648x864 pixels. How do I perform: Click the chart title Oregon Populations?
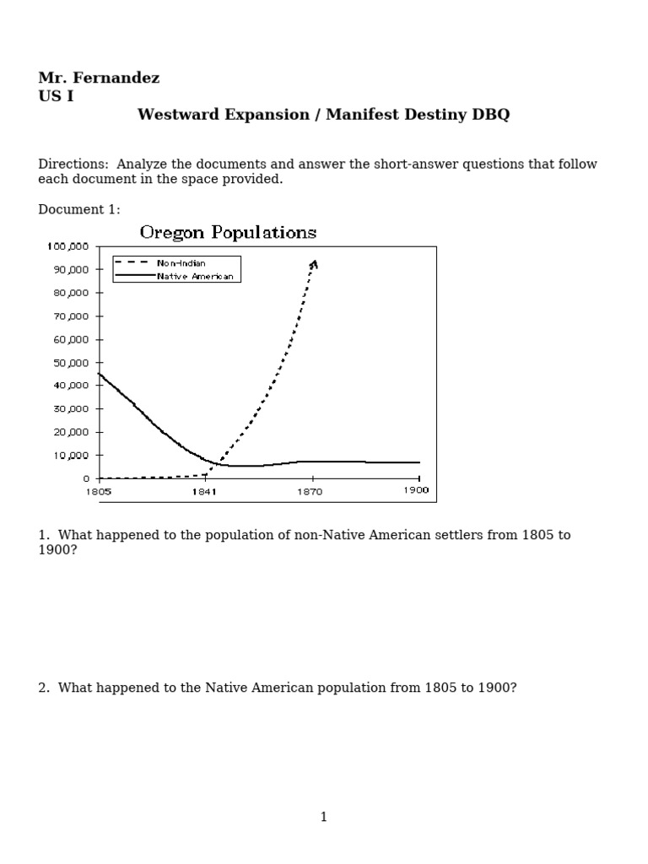click(228, 232)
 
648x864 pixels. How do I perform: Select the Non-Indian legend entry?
click(181, 263)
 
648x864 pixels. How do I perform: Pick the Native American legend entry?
click(194, 276)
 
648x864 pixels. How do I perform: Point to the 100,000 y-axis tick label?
click(68, 246)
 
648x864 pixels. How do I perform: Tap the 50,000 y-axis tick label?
click(71, 363)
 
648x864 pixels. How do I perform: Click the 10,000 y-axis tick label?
click(71, 456)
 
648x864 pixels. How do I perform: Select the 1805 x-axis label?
click(99, 491)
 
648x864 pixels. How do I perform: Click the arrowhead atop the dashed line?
click(314, 264)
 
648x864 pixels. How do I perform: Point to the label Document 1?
click(79, 209)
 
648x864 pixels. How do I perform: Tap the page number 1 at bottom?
click(324, 816)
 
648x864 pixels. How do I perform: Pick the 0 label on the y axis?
click(86, 479)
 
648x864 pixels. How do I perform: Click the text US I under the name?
click(56, 96)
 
